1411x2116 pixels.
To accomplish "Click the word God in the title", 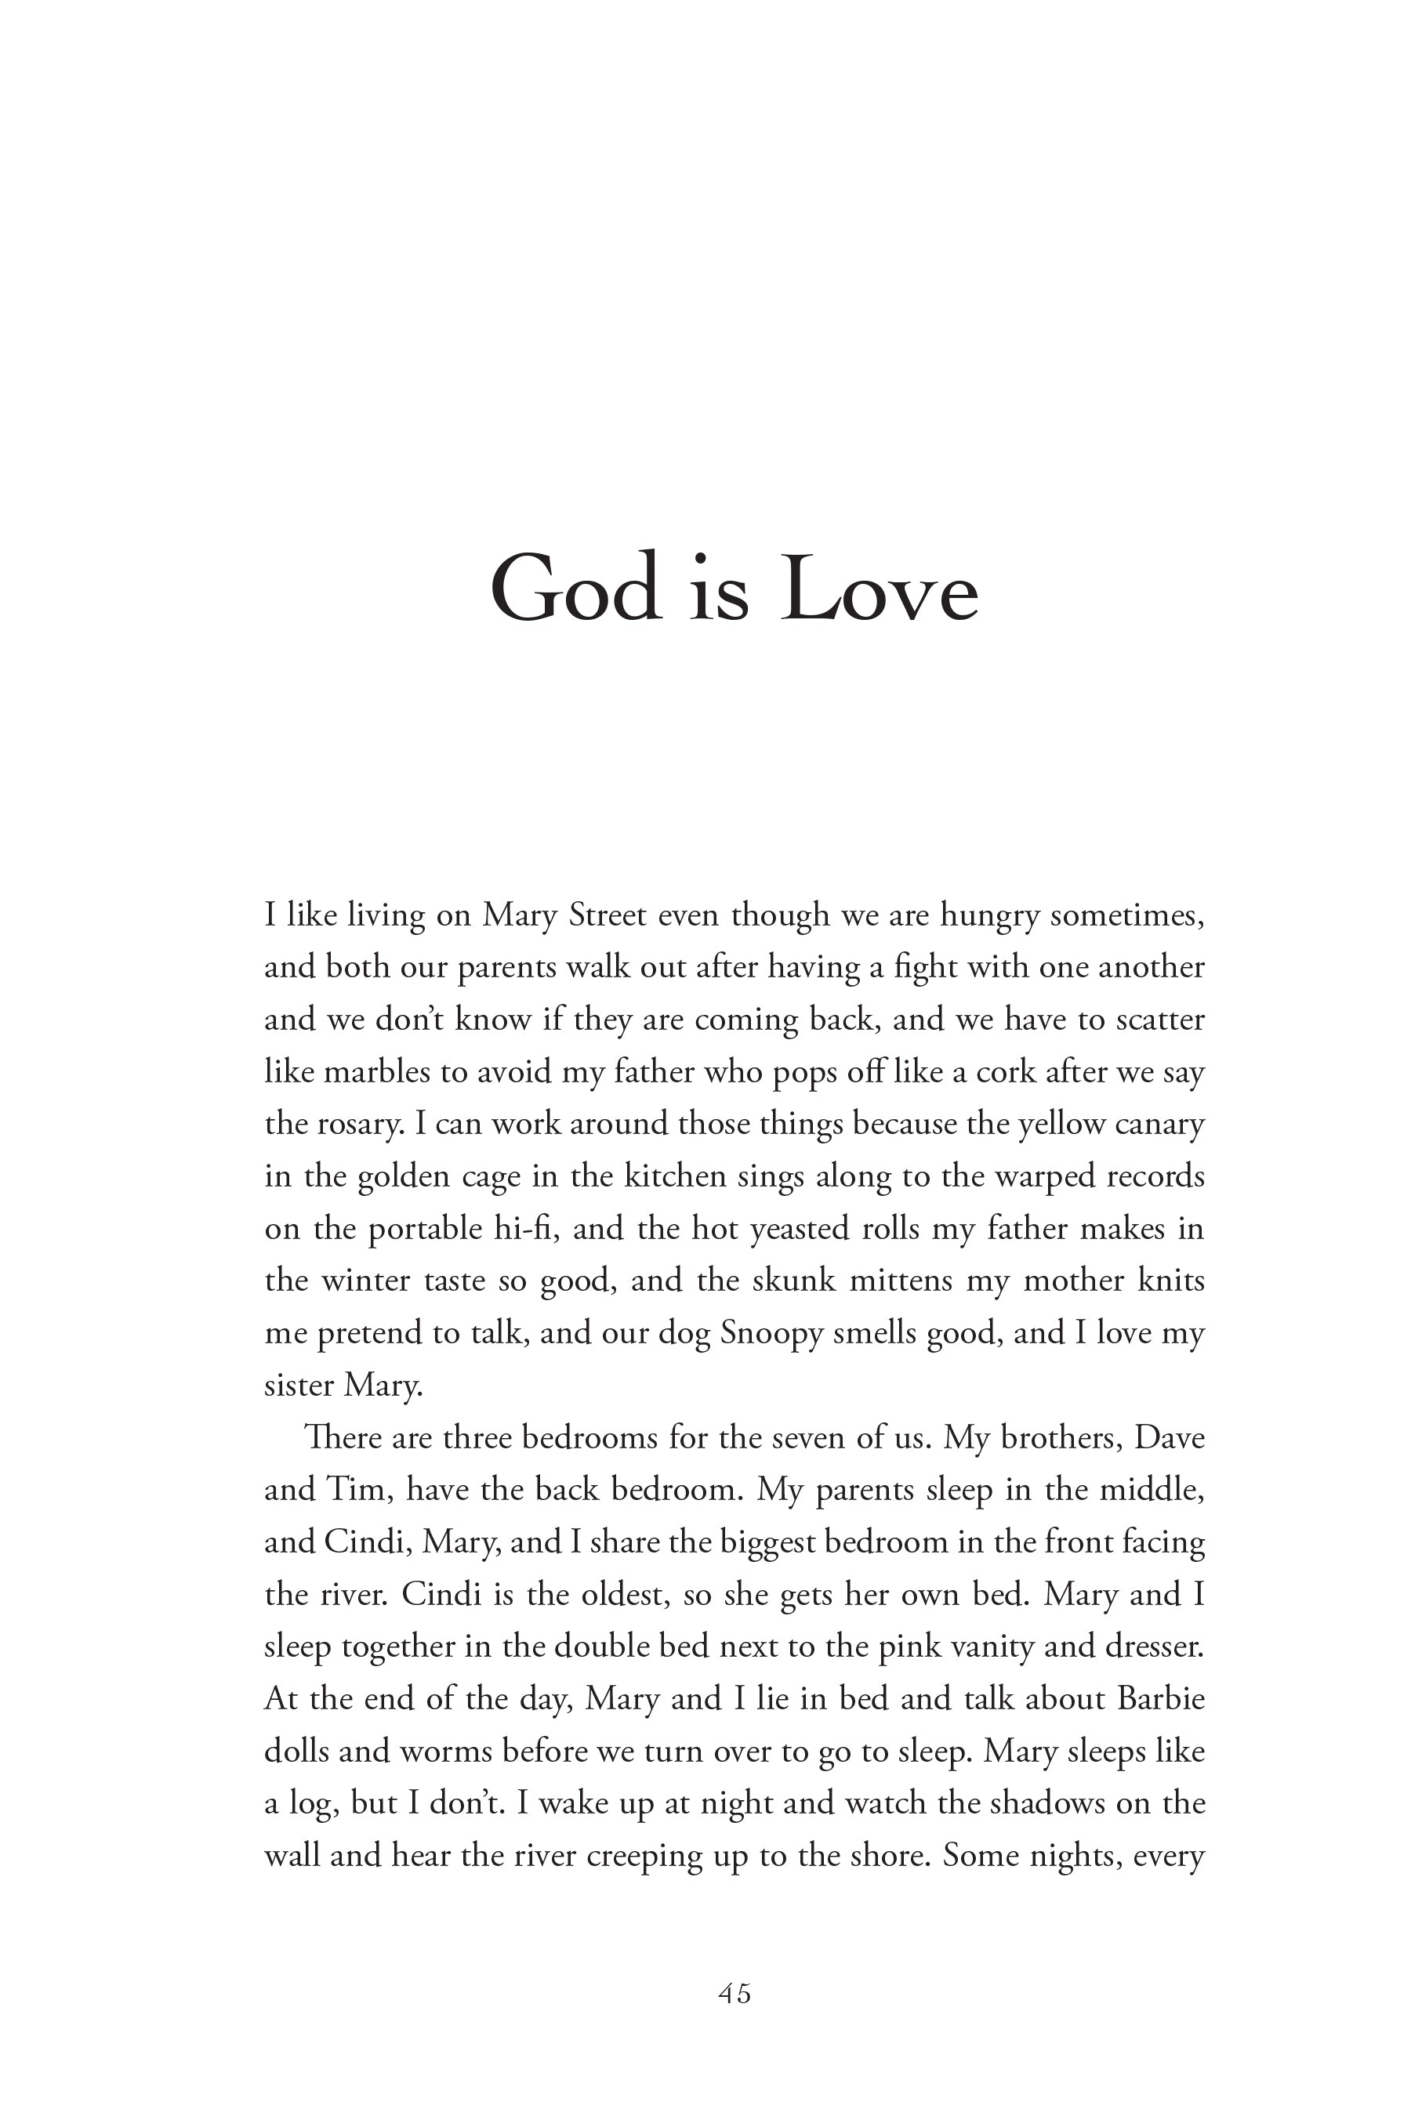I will pyautogui.click(x=576, y=589).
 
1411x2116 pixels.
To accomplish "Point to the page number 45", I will pyautogui.click(x=735, y=1994).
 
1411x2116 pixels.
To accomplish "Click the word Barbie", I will pyautogui.click(x=1160, y=1698).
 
